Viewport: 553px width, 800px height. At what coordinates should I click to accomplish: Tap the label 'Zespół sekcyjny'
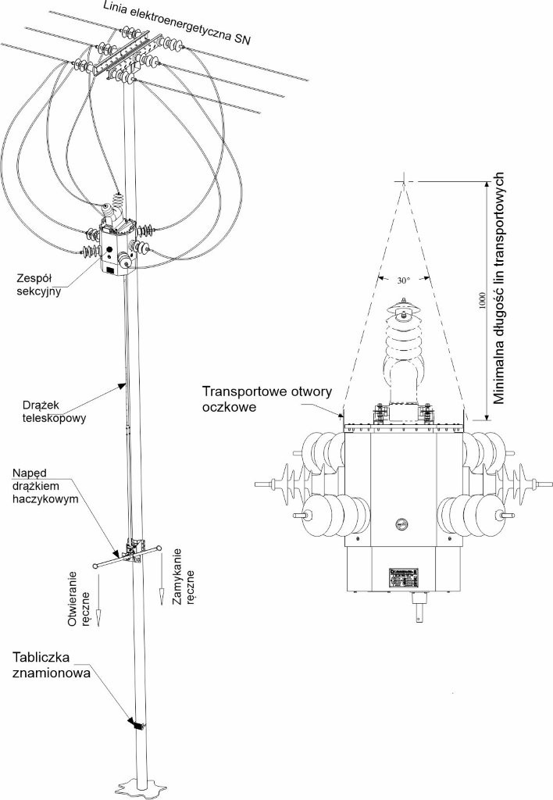coord(37,285)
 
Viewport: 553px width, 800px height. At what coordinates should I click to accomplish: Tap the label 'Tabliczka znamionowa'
coord(46,664)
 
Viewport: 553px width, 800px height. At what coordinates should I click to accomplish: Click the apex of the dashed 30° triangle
coord(403,181)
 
